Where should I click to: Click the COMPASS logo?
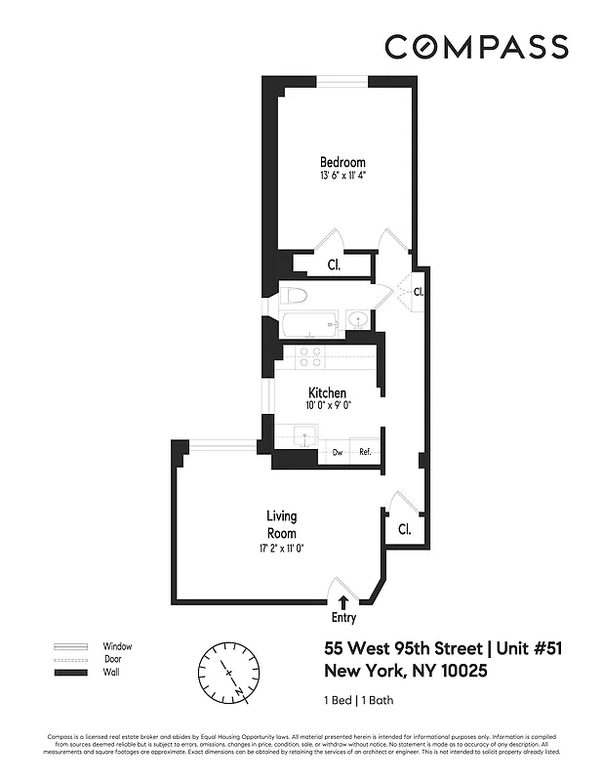click(476, 47)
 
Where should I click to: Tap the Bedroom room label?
click(342, 162)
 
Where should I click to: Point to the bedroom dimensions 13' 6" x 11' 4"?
click(342, 176)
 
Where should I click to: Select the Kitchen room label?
click(328, 393)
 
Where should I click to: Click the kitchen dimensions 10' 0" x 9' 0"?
click(328, 406)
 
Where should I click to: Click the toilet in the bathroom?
click(296, 295)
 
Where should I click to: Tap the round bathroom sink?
click(357, 318)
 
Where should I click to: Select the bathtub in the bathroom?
click(308, 320)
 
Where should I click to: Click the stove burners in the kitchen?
click(310, 357)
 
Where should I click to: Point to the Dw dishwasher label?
click(337, 452)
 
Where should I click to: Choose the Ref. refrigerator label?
click(365, 452)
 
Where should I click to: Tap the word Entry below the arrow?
click(343, 617)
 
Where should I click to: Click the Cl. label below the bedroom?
click(334, 265)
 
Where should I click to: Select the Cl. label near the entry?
click(405, 529)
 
